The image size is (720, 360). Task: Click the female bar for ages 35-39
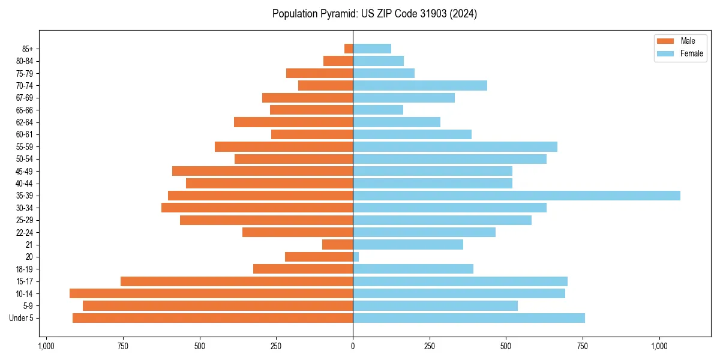[x=516, y=196]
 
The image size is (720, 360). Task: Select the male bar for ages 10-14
[x=211, y=293]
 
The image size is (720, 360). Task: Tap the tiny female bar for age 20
[x=356, y=257]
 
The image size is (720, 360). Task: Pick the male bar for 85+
[x=349, y=49]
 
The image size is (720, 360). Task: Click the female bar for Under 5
[x=469, y=318]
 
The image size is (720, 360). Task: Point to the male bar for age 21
[x=337, y=245]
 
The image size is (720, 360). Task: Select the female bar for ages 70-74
[x=420, y=86]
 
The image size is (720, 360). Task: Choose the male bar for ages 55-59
[x=284, y=147]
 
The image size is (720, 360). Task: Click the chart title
[x=374, y=14]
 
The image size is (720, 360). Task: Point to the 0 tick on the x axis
[x=353, y=346]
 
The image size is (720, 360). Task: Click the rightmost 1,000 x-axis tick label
[x=659, y=346]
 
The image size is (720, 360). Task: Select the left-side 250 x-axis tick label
[x=276, y=346]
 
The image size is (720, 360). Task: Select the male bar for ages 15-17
[x=236, y=281]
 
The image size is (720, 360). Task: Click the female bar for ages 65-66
[x=378, y=110]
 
